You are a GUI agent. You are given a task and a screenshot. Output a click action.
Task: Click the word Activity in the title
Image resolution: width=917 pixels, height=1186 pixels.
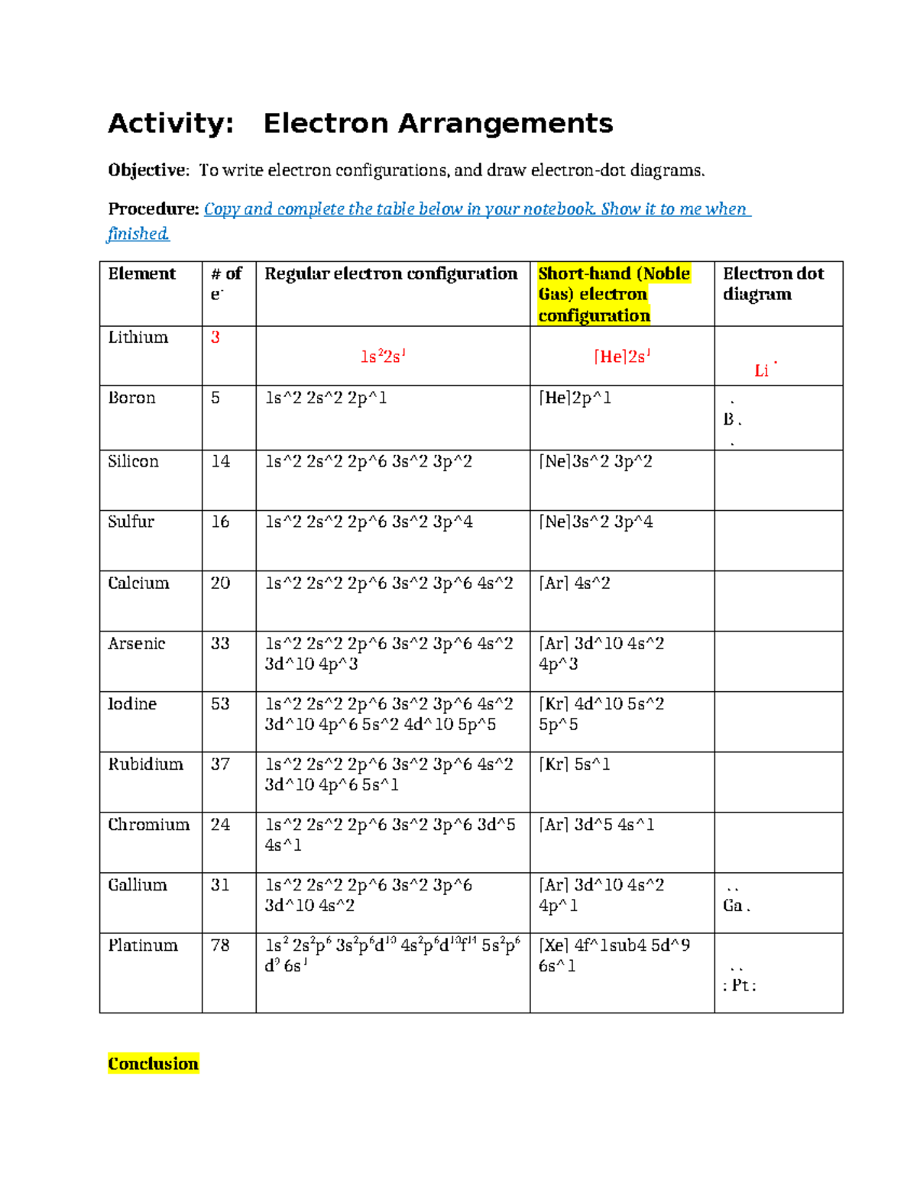point(170,124)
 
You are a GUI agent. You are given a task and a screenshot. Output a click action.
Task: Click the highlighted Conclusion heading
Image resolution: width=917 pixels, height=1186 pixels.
point(153,1064)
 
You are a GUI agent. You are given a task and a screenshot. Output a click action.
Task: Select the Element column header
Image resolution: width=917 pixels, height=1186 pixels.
point(142,273)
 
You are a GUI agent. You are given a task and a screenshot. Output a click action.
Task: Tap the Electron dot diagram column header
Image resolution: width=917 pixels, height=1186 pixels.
point(773,284)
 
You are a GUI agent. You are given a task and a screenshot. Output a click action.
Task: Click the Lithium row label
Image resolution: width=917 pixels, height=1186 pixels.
point(138,338)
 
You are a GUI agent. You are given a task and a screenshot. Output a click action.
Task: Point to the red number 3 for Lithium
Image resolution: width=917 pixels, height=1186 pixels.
point(215,338)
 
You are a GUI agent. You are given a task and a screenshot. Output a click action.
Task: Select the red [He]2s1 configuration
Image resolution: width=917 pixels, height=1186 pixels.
point(622,357)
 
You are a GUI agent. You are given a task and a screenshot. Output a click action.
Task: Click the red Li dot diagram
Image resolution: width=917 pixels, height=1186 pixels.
point(763,370)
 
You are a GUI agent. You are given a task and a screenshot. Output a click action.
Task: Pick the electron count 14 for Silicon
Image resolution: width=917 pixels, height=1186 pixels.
point(220,461)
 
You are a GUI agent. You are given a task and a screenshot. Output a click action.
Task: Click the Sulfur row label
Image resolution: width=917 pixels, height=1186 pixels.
point(131,522)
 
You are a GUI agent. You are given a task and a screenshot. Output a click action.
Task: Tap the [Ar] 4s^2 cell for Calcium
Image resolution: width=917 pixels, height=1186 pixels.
point(575,583)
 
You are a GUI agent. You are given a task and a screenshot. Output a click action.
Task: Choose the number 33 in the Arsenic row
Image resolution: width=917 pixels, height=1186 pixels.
point(220,644)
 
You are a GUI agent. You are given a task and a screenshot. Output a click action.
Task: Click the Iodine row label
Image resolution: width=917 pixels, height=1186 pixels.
point(132,704)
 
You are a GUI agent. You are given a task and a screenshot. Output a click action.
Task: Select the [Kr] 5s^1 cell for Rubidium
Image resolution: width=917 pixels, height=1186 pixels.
point(575,764)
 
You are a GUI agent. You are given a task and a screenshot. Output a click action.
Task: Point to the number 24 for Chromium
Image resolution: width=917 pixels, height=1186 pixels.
point(220,825)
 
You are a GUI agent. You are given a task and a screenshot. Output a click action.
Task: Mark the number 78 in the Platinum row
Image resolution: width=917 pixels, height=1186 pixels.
point(220,945)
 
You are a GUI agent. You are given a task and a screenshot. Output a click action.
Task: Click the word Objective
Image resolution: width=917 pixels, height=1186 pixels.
point(147,170)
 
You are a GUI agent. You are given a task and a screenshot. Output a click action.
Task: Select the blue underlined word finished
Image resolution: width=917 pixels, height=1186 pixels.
point(138,234)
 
